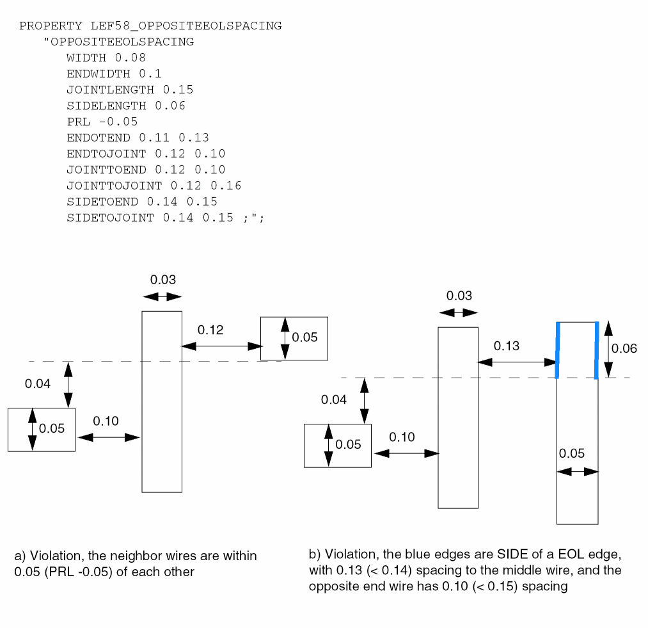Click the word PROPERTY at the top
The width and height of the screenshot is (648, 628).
(x=51, y=26)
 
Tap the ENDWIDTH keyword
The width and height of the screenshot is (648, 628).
(x=99, y=74)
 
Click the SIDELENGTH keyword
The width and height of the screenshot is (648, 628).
(x=106, y=106)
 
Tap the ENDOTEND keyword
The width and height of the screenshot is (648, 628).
(x=99, y=138)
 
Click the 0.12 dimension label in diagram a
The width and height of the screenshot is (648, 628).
(x=210, y=330)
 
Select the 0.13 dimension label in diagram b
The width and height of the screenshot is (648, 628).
(x=507, y=346)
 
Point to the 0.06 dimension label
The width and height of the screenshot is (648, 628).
(x=624, y=349)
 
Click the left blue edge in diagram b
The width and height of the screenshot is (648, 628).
(x=558, y=351)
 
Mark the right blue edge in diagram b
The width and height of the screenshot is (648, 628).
(x=596, y=351)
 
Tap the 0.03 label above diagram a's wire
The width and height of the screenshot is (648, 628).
(x=163, y=280)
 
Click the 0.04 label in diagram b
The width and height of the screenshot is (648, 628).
(x=334, y=400)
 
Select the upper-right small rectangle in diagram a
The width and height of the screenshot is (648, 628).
(x=294, y=338)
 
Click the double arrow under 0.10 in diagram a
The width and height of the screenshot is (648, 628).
(x=108, y=437)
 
